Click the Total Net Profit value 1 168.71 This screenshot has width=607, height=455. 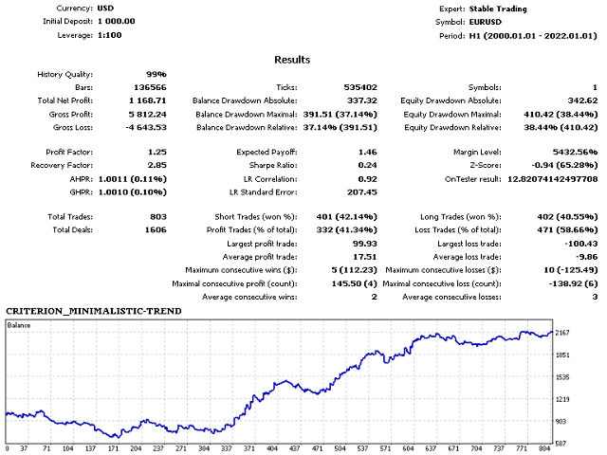tap(147, 100)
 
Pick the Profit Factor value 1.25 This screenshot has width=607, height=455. tap(156, 152)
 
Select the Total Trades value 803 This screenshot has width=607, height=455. tap(156, 217)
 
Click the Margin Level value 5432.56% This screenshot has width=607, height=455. tap(572, 152)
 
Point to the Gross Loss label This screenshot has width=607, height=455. tap(77, 126)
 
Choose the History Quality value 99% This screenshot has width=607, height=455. tap(156, 74)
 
